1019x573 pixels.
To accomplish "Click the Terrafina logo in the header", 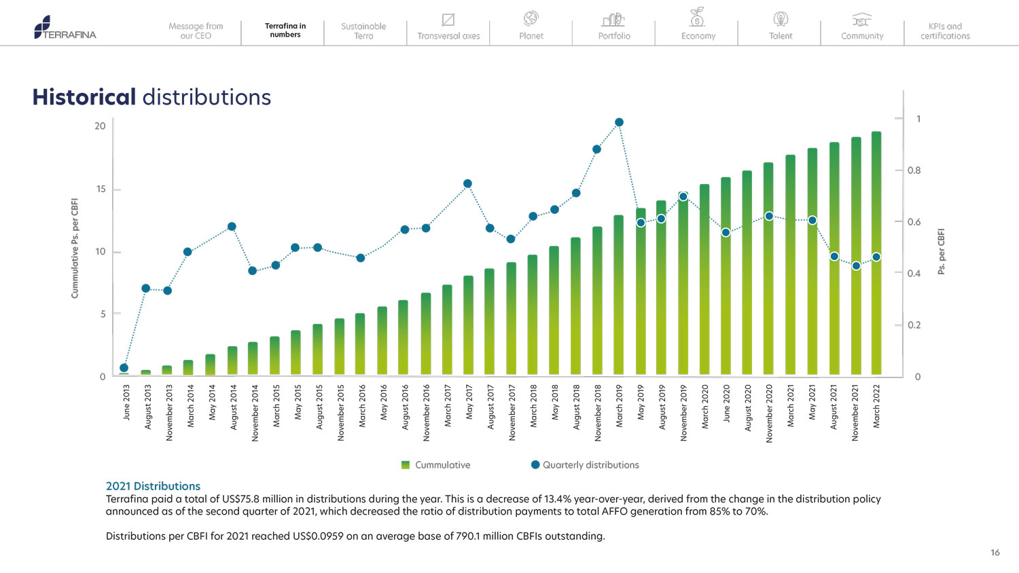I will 65,28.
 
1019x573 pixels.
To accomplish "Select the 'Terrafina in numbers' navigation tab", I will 285,31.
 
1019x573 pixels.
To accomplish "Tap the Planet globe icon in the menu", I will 531,18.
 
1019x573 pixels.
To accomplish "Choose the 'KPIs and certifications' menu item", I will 945,31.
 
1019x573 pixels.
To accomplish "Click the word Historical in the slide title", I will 84,97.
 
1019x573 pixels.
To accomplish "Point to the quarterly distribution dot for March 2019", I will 619,122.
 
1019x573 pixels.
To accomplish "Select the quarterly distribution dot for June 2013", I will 124,368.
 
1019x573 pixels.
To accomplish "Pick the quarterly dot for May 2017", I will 467,184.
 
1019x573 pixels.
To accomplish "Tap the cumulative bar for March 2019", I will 619,295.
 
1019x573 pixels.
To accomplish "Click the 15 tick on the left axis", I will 101,189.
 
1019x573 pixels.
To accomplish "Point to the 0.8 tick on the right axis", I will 914,170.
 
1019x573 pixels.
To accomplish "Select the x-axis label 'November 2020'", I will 769,413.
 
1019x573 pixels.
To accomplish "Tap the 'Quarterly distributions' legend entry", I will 585,465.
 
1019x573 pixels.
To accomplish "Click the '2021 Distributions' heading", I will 153,486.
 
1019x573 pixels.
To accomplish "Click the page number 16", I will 995,553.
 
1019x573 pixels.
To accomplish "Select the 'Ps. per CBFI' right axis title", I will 942,251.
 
